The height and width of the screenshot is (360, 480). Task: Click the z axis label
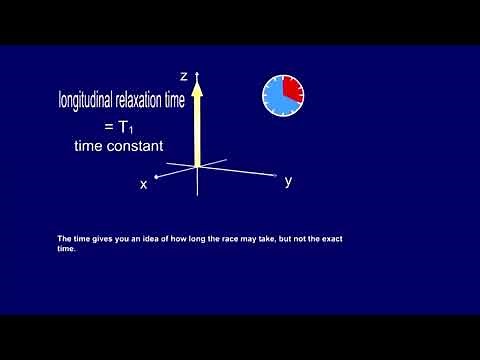coord(184,76)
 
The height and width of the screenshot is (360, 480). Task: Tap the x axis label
coord(144,184)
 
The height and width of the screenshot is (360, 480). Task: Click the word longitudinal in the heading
coord(90,100)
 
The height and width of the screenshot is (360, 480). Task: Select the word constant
coord(135,146)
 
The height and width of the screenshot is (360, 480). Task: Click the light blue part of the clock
coord(276,101)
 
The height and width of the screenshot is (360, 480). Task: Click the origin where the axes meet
coord(198,166)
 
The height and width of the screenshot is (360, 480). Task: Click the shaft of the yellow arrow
coord(198,130)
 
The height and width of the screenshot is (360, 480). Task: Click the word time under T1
coord(91,146)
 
